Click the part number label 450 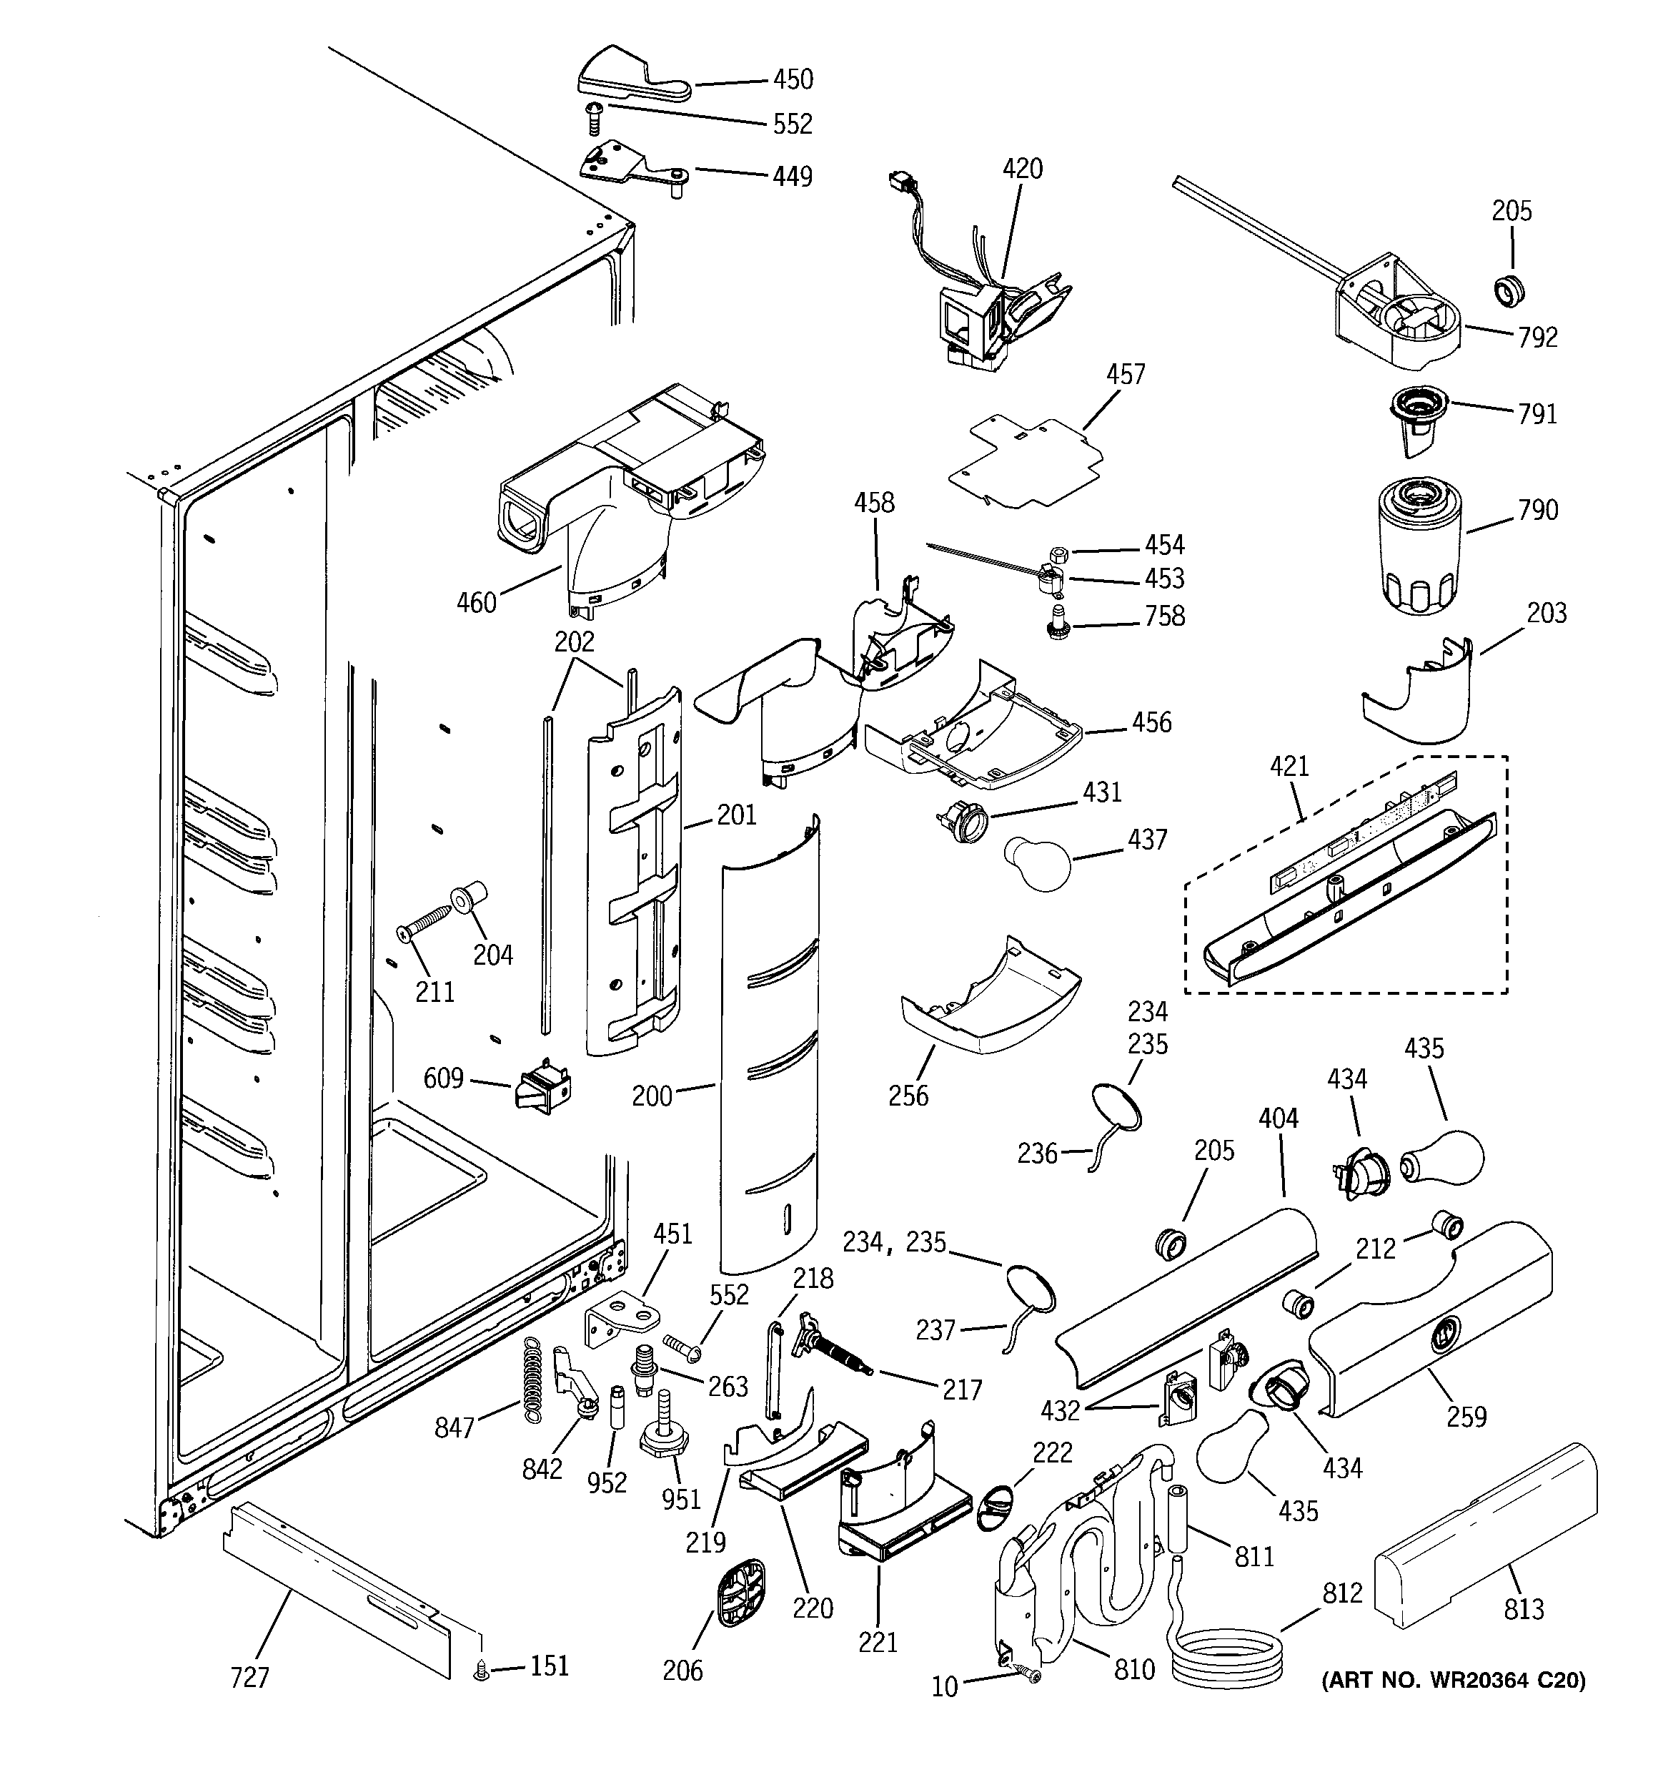point(792,79)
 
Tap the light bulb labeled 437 point(1037,862)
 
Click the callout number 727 point(249,1678)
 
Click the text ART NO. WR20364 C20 point(1452,1680)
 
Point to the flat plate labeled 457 point(1023,461)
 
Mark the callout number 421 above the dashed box point(1289,766)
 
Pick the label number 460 point(476,603)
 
